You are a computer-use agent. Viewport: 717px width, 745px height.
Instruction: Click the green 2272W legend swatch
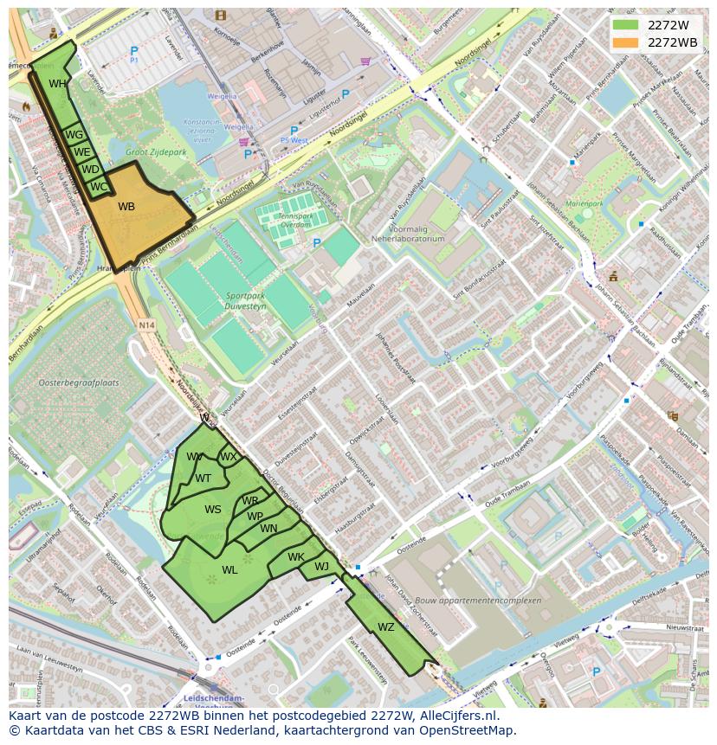coord(625,25)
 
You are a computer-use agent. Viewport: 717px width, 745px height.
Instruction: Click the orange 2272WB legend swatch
coord(625,42)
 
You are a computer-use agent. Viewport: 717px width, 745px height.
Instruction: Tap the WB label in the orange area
coord(126,207)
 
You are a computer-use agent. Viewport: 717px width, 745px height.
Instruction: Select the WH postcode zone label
coord(57,84)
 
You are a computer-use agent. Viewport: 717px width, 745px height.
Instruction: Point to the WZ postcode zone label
coord(386,627)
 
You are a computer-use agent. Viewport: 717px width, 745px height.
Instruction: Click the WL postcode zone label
coord(229,570)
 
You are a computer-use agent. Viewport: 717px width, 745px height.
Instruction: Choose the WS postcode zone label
coord(213,510)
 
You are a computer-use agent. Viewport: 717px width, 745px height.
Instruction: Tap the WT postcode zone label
coord(203,478)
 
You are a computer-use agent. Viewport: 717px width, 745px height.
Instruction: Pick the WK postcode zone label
coord(296,557)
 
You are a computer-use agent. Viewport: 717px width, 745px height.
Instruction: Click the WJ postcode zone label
coord(321,567)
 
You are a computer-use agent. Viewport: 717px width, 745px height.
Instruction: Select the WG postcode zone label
coord(74,135)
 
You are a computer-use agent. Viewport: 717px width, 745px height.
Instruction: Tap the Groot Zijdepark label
coord(156,152)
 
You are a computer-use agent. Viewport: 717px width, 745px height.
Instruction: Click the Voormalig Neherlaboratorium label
coord(407,234)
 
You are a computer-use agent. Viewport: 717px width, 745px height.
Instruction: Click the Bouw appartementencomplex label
coord(488,600)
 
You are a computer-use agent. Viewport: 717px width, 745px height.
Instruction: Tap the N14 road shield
coord(145,325)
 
